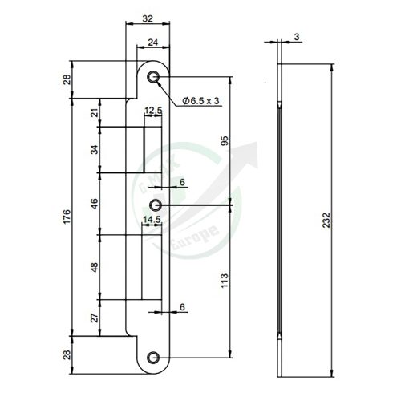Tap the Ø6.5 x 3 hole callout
[201, 99]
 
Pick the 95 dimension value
[225, 141]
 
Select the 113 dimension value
[225, 281]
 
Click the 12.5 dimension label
[154, 111]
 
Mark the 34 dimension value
[95, 149]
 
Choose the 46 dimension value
[95, 203]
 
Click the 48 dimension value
[95, 266]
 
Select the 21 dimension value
[95, 114]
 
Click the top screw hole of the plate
[153, 77]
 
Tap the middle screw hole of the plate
[155, 206]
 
